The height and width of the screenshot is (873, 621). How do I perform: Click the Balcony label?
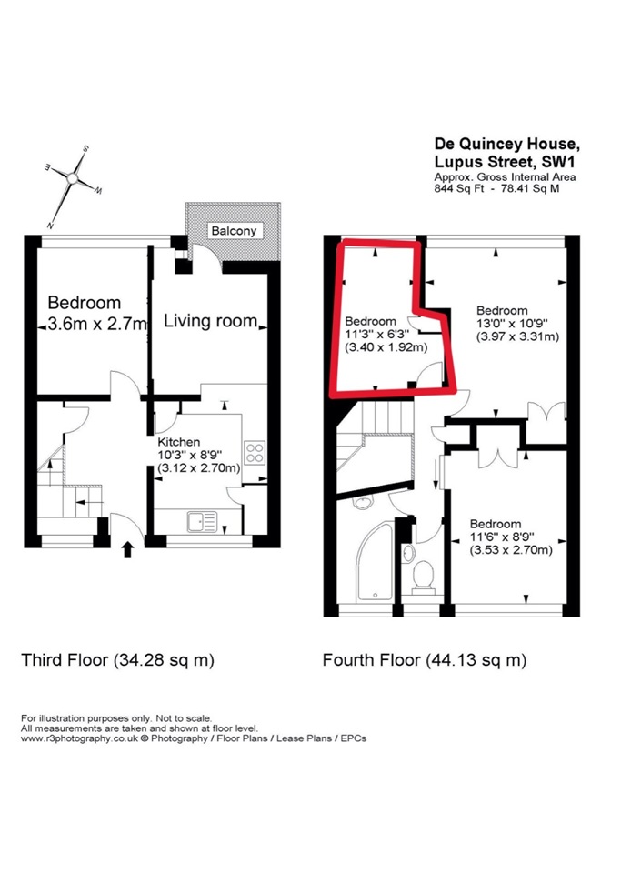(x=234, y=230)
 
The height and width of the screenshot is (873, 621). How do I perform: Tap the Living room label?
(x=210, y=321)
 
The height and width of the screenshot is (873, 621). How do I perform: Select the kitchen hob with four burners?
(x=255, y=452)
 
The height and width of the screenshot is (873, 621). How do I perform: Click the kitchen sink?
(x=202, y=522)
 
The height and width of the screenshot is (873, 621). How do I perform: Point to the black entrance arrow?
(x=127, y=549)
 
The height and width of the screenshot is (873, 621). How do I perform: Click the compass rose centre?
(x=72, y=178)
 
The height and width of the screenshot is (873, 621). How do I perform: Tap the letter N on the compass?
(x=50, y=225)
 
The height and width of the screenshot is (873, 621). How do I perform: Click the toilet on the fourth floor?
(x=424, y=577)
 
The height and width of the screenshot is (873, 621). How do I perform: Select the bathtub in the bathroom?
(x=375, y=562)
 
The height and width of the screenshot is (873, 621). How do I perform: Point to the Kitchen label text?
(x=178, y=442)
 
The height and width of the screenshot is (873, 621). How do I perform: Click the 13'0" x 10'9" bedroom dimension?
(x=512, y=324)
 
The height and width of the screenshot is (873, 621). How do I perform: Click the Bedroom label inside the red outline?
(x=371, y=321)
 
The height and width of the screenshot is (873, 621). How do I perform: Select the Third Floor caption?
(x=117, y=660)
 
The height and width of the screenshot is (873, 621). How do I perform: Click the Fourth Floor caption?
(x=425, y=660)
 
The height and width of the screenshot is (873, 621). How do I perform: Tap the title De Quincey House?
(x=507, y=144)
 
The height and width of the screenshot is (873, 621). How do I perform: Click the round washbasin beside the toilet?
(x=409, y=553)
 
